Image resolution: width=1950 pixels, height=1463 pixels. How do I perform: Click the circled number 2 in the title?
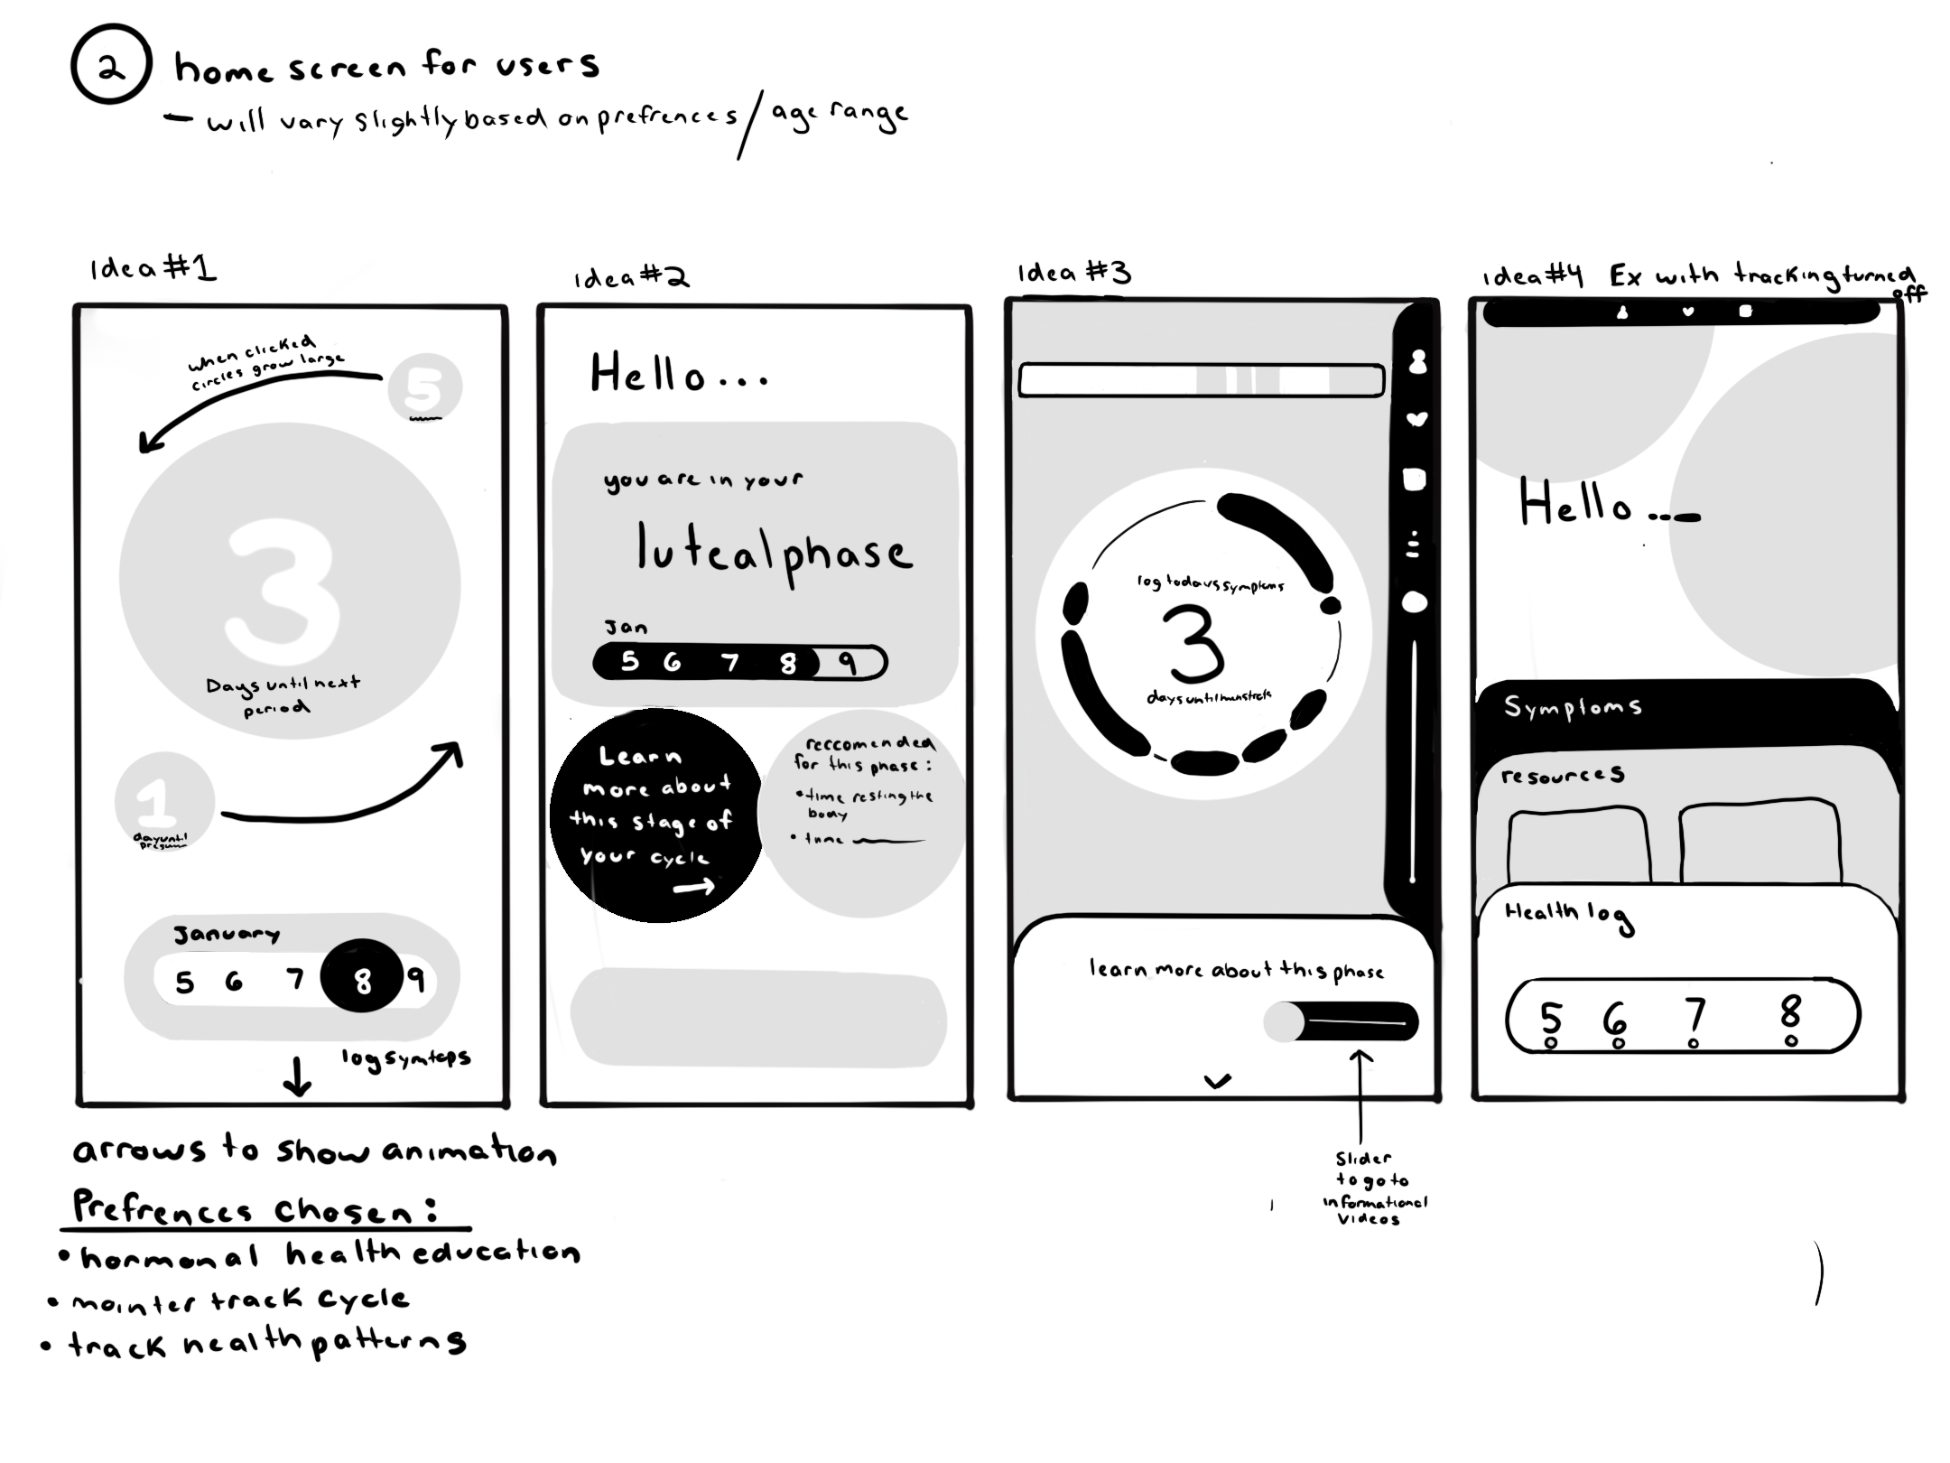click(111, 65)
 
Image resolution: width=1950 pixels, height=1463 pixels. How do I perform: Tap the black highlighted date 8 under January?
click(362, 978)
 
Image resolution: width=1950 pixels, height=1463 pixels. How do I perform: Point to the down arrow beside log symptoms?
click(298, 1076)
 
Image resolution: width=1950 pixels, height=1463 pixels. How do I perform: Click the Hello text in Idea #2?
click(677, 375)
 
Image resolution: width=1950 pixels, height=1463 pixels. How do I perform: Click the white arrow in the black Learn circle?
click(693, 889)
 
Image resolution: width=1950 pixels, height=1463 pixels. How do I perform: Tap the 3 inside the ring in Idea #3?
click(1195, 644)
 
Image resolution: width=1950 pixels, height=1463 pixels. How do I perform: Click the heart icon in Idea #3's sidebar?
click(1417, 419)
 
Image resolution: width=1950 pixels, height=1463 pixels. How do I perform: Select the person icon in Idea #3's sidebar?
click(1418, 361)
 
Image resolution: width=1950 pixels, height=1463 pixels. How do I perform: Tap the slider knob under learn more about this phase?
click(1283, 1023)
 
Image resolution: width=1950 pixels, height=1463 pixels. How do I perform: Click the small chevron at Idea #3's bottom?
click(1218, 1080)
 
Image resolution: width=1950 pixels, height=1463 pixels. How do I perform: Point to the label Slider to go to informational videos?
click(1372, 1188)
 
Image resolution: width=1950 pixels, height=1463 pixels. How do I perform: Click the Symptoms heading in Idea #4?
click(1572, 706)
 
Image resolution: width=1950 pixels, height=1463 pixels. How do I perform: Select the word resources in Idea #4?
click(1562, 776)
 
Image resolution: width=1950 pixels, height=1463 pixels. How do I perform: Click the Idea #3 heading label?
click(1073, 273)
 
